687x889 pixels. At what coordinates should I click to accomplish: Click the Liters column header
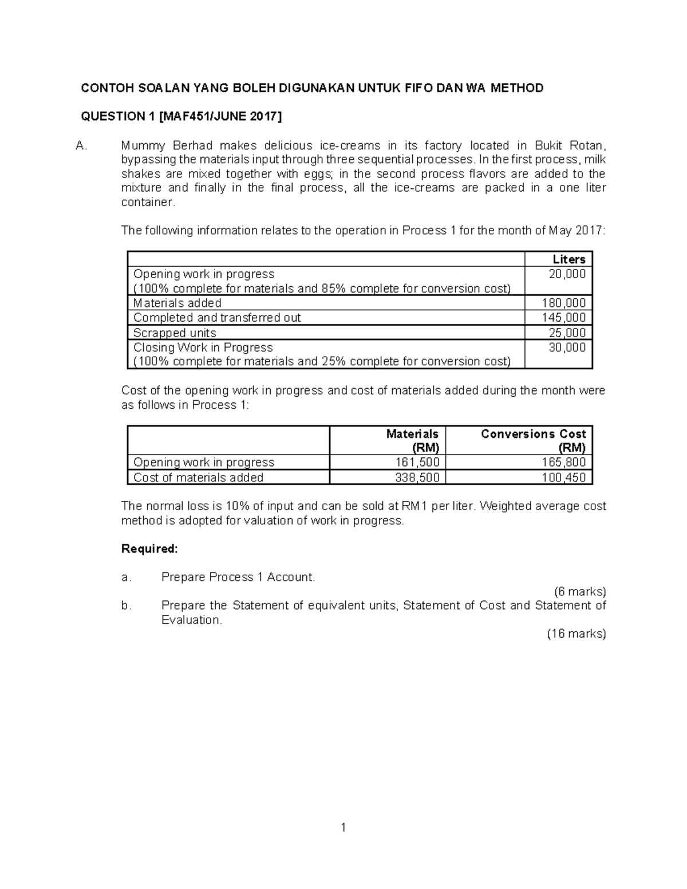(568, 259)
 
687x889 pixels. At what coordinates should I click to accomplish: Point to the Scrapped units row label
(175, 333)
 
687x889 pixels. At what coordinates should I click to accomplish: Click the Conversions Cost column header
(533, 434)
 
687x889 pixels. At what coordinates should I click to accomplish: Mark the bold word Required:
(150, 549)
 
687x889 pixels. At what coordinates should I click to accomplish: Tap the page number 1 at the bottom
(343, 827)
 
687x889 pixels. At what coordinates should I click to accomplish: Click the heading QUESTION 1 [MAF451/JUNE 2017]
(181, 117)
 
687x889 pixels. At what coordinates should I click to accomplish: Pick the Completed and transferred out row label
(217, 318)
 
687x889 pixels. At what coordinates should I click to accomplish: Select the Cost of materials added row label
(198, 477)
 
